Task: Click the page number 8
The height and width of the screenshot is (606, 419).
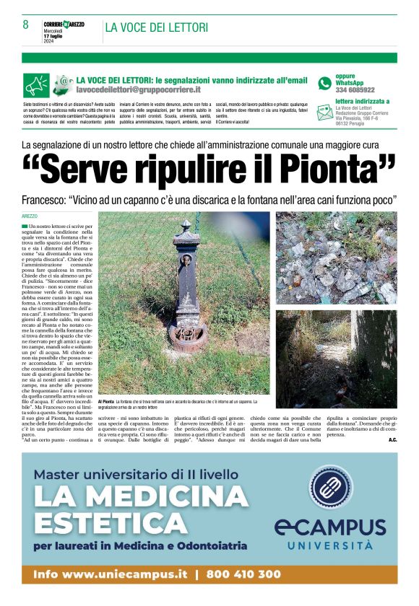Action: point(25,25)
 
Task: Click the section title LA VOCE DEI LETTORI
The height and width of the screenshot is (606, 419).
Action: point(156,27)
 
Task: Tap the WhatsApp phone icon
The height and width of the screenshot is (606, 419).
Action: point(324,83)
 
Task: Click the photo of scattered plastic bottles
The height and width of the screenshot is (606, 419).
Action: point(336,258)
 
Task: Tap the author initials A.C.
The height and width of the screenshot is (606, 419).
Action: point(392,439)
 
